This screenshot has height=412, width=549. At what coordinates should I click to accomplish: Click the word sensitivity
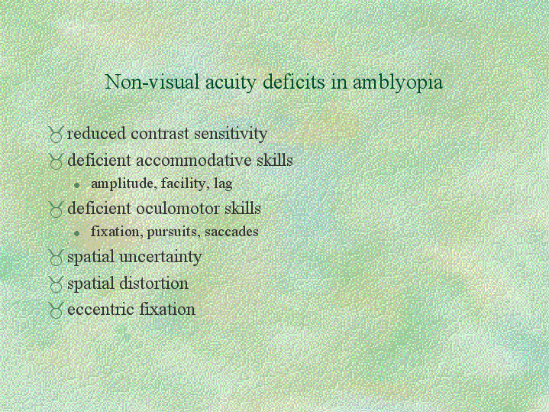(231, 135)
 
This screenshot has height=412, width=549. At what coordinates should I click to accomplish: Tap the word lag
(223, 184)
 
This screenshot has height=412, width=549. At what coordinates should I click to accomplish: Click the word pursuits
(173, 232)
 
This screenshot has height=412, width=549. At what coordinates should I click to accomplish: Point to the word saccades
(231, 232)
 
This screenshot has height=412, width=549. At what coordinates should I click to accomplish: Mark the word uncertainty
(160, 257)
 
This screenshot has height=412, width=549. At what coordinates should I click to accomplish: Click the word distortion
(153, 284)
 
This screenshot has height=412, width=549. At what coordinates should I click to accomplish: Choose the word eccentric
(102, 310)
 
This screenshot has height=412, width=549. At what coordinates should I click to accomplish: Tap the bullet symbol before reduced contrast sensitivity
(56, 135)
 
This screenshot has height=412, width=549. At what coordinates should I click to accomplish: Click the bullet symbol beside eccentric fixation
(56, 310)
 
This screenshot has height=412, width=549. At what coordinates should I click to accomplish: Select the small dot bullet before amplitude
(77, 185)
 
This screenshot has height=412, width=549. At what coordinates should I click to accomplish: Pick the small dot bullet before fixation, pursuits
(77, 233)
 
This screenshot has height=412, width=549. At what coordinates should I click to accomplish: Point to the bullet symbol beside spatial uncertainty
(56, 258)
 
